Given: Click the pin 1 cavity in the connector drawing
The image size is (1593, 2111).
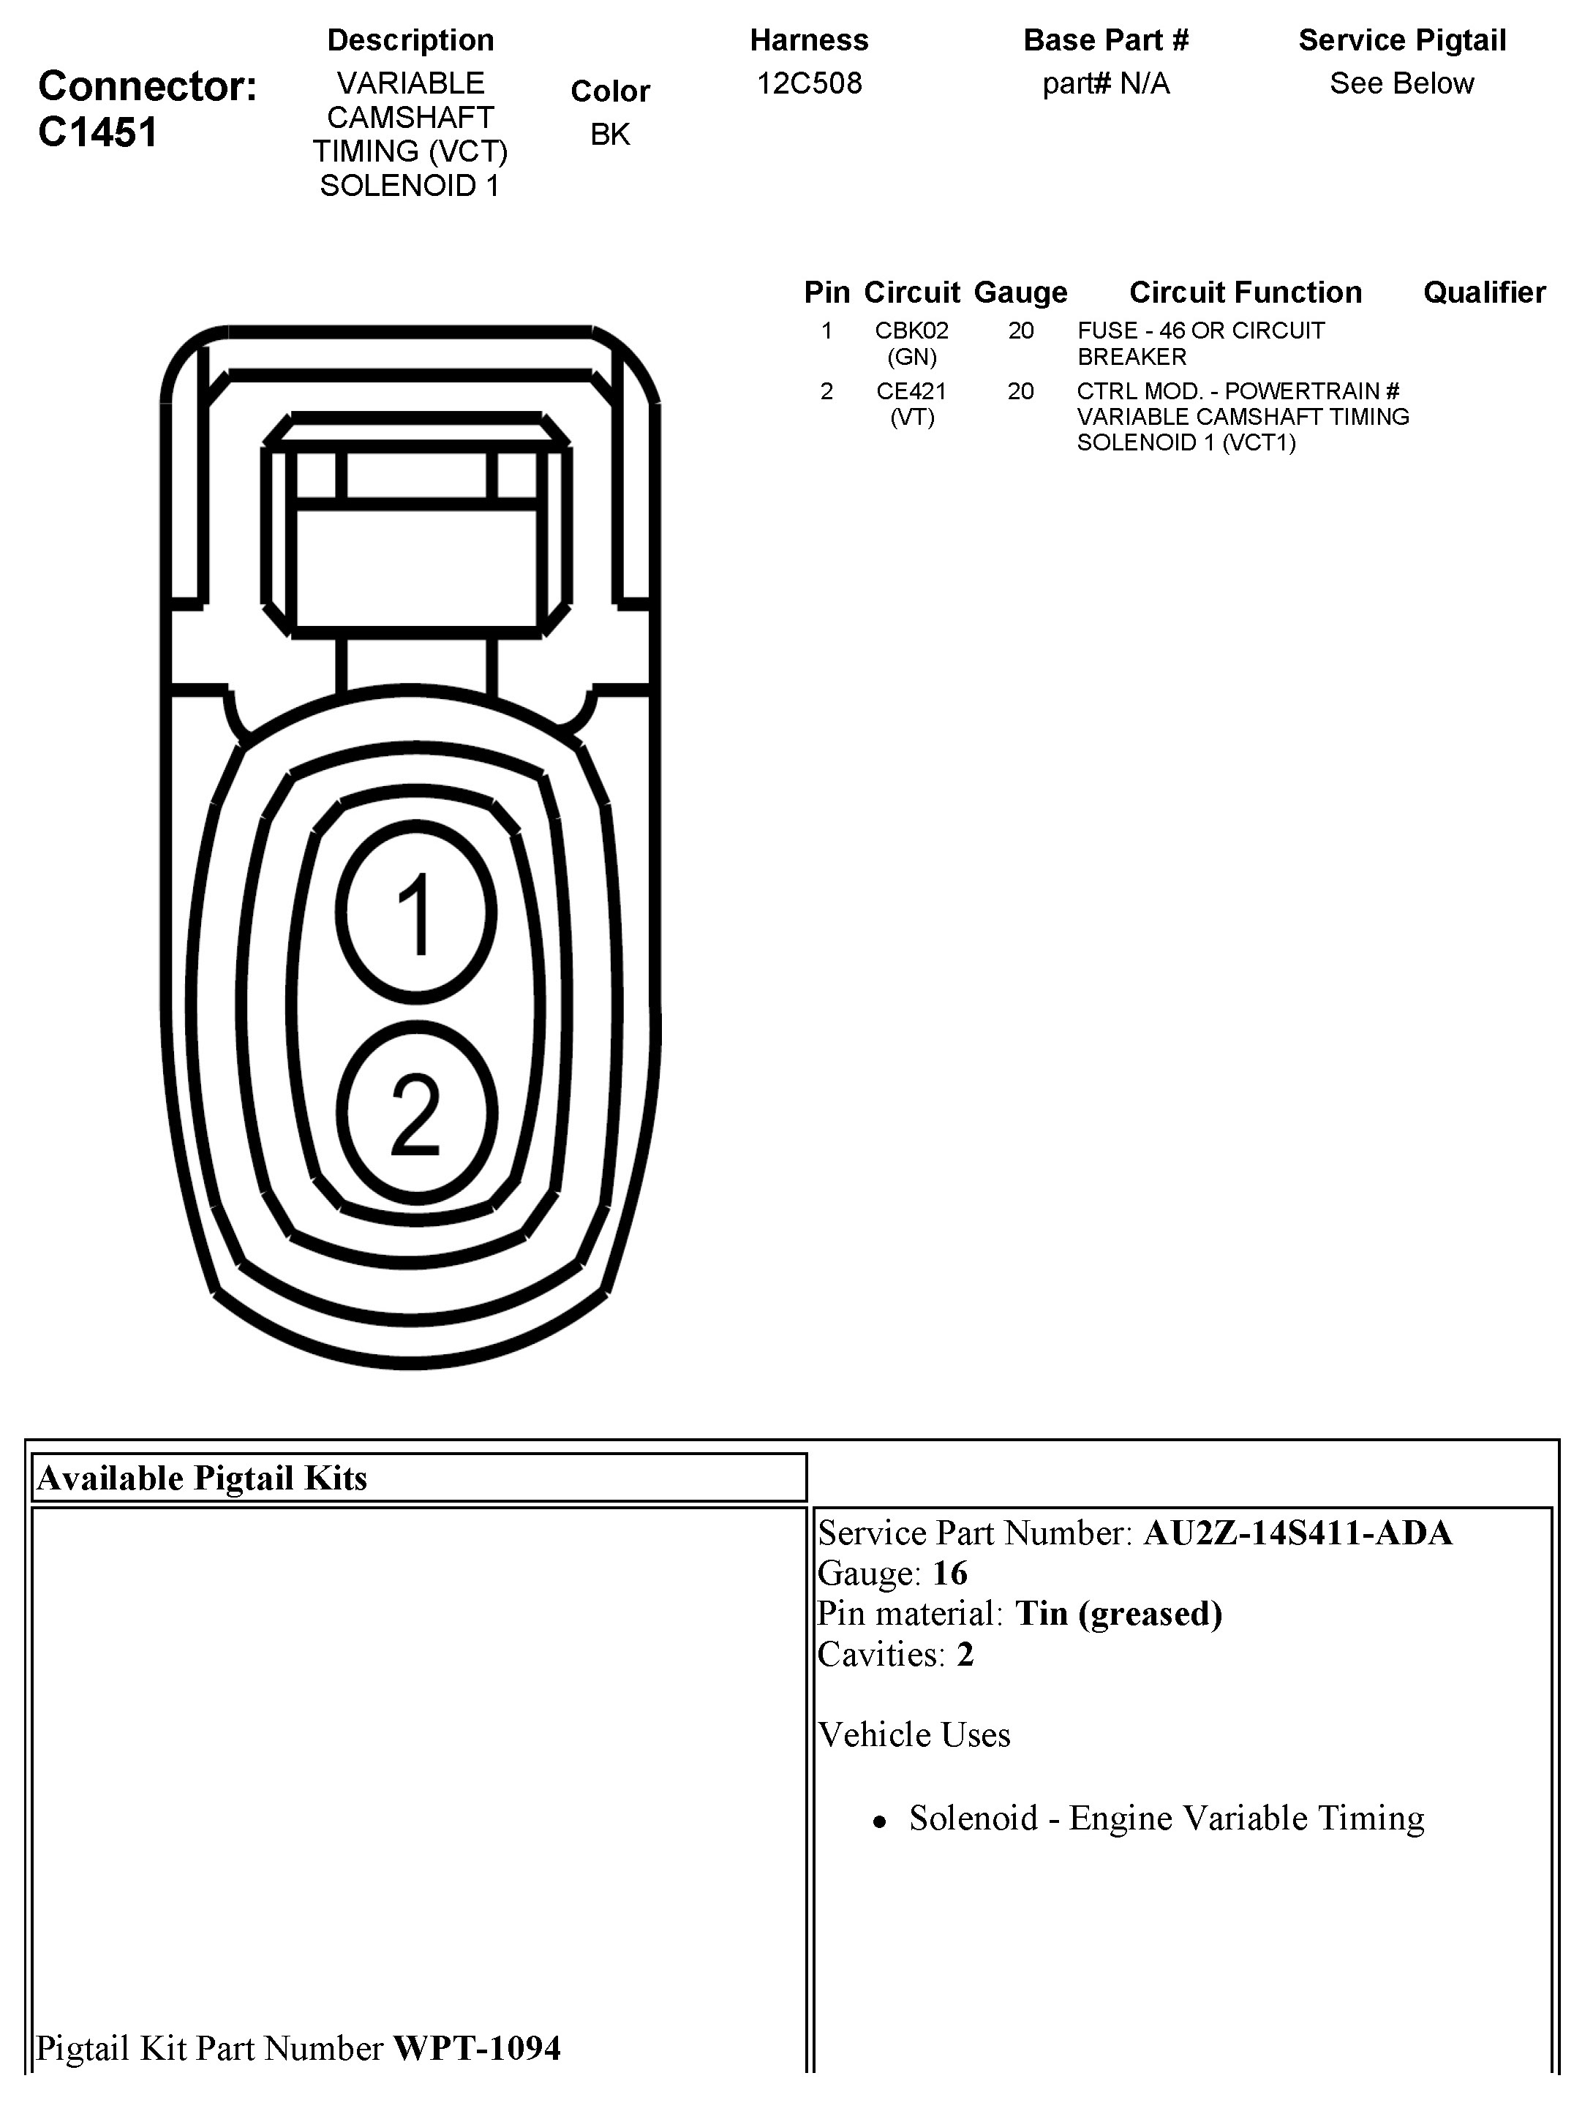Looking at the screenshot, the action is pos(416,913).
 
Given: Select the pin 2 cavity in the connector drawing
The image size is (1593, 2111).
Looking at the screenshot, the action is pos(416,1113).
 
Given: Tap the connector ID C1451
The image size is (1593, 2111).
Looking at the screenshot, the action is pos(97,132).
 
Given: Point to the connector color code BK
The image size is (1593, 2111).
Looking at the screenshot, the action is pos(610,135).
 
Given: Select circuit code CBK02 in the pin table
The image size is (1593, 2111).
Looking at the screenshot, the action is pos(911,331).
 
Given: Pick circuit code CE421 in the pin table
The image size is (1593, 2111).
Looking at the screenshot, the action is pos(911,391).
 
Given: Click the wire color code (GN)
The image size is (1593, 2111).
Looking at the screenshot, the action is pos(911,357).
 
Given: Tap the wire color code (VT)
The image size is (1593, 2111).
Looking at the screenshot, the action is pos(911,417).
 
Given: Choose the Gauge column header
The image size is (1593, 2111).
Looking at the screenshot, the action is pos(1020,292).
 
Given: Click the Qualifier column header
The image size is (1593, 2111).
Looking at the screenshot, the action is pos(1484,292).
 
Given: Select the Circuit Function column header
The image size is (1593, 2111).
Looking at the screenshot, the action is pos(1245,292).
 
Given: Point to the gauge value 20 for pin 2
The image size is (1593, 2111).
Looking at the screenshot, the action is pos(1020,391).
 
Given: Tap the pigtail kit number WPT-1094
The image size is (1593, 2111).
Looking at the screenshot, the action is pos(476,2048).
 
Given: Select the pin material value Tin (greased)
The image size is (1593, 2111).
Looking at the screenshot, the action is pos(1118,1614).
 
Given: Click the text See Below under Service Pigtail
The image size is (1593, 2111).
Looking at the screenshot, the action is pos(1401,84).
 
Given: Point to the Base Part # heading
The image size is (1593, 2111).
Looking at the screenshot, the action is pos(1105,41).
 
